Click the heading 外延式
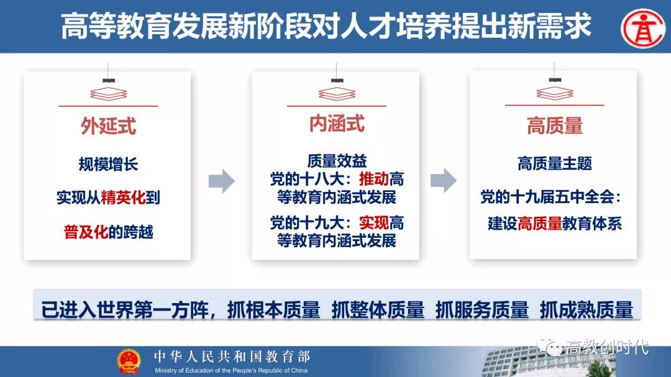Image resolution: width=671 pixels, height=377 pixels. point(108,126)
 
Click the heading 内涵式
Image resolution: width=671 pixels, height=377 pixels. point(337,124)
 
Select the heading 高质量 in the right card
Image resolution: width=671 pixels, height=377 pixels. point(555,126)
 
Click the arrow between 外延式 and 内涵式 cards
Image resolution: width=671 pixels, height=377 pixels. point(222,181)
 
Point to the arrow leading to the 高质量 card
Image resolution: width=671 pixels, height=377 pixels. point(444,180)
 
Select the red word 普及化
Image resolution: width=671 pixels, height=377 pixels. point(86,232)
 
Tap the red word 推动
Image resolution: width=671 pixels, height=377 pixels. point(373,179)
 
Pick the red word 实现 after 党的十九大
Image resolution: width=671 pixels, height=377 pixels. point(373,223)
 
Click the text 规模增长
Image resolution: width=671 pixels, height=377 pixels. point(108,164)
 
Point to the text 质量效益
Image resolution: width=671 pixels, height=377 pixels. point(337,161)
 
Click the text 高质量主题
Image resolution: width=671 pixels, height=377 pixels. point(555,163)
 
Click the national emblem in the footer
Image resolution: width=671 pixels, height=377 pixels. point(129,361)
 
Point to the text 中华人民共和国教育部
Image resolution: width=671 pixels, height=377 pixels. point(232,357)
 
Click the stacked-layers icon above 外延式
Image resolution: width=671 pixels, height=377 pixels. point(108,94)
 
